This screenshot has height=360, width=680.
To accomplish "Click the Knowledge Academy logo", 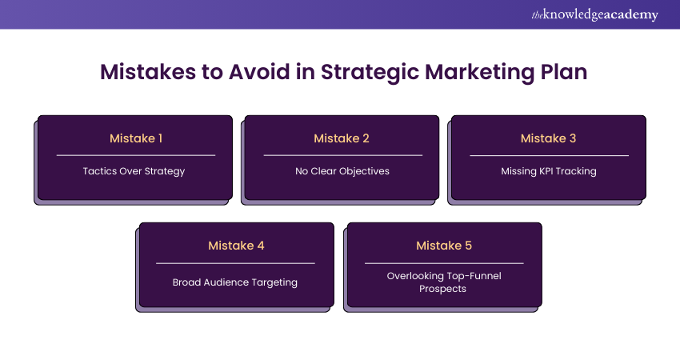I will point(595,14).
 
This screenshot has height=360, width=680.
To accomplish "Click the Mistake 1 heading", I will point(135,138).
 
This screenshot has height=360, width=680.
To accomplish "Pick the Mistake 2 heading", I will point(342,138).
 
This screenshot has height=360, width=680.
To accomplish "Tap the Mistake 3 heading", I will point(548,138).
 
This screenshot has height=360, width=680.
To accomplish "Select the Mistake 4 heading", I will point(236,246).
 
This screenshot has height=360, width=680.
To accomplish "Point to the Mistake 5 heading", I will point(444,246).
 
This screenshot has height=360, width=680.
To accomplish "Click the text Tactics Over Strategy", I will point(134,171).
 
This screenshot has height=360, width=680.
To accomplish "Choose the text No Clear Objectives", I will point(342,171).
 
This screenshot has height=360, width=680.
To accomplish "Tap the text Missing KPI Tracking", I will point(549,171).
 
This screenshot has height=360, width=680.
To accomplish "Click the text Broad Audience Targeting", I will point(235,282).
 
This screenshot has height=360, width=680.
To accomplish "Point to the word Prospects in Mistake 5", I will point(442,288).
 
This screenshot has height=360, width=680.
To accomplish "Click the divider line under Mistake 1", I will point(135,155).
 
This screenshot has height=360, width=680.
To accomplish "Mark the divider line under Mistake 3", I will point(549,155).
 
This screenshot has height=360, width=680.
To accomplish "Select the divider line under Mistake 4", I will point(235,262).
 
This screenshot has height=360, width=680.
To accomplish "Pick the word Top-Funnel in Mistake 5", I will point(472,276).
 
